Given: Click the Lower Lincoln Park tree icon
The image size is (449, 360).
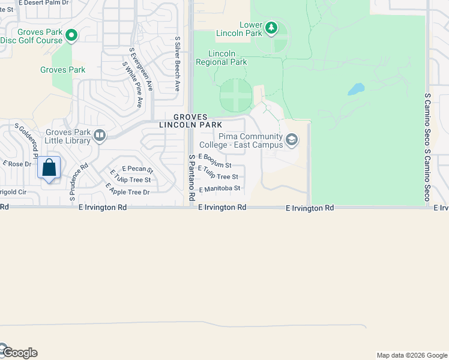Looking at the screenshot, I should (271, 27).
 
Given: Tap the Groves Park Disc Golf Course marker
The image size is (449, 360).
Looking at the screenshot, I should (71, 36).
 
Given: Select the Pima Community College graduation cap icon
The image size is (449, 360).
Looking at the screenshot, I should (292, 140).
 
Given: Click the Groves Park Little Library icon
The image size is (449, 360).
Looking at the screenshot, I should (100, 136).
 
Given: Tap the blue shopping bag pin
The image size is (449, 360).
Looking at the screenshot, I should (49, 167).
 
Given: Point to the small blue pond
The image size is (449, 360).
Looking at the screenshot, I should (356, 90).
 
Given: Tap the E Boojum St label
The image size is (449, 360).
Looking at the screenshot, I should (215, 160).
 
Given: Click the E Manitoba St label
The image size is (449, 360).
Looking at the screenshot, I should (220, 188).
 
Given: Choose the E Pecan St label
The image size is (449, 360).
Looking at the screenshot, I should (137, 169).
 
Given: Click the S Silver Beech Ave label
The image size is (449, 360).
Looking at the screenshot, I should (178, 63).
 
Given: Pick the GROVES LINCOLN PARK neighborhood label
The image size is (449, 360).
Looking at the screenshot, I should (190, 121).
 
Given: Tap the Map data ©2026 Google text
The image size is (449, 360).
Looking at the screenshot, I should (411, 355).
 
